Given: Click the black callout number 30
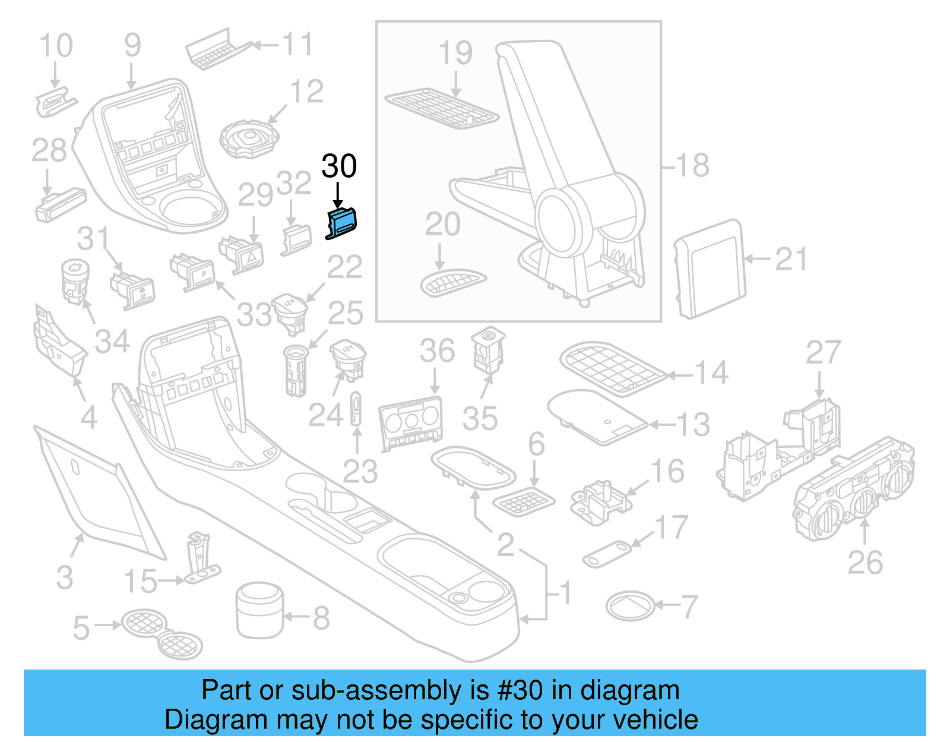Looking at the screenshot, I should (x=339, y=166).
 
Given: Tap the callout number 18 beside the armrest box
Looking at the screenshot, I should (x=692, y=166).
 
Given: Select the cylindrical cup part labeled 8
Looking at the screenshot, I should (x=259, y=610).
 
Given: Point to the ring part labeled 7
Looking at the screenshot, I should (x=630, y=606).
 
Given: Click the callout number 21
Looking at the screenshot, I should (x=791, y=260).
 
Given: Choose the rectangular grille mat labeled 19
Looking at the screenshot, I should (x=442, y=109).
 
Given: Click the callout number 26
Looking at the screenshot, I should (x=865, y=563).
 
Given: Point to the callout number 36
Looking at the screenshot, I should (x=437, y=351).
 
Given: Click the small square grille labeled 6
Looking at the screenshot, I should (x=524, y=502).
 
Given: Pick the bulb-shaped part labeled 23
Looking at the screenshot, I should (x=356, y=408).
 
